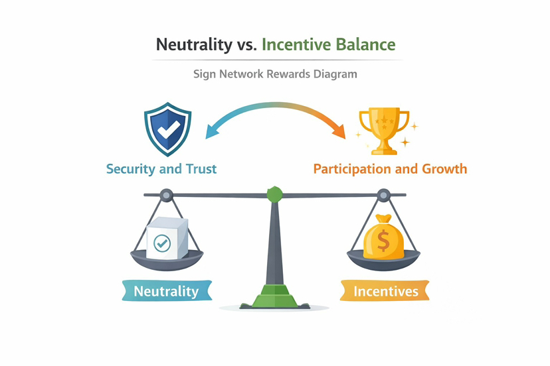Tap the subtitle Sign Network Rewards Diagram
pyautogui.click(x=275, y=74)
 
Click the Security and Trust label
pyautogui.click(x=161, y=168)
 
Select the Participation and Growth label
pyautogui.click(x=390, y=168)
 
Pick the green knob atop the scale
pyautogui.click(x=274, y=194)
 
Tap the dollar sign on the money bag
pyautogui.click(x=383, y=241)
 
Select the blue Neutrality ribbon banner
pyautogui.click(x=166, y=291)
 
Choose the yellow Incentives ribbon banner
pyautogui.click(x=385, y=291)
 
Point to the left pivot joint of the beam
pyautogui.click(x=165, y=195)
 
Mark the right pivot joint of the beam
pyautogui.click(x=383, y=195)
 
